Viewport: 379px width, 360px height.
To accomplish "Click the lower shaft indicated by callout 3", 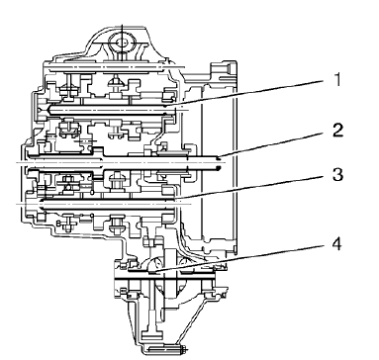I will tap(109, 205).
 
